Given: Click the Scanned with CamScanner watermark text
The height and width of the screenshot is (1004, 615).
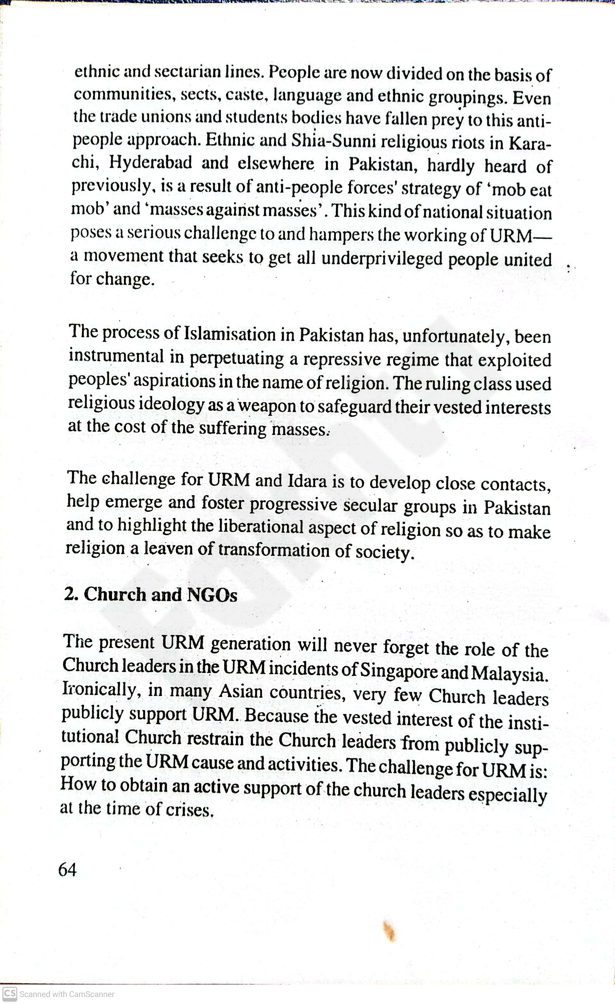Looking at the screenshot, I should pyautogui.click(x=67, y=994).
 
